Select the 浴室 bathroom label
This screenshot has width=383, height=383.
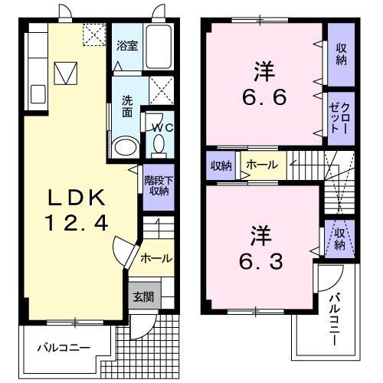tap(126, 45)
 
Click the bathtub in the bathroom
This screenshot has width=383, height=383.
tap(158, 48)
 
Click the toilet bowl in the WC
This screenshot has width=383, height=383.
tap(159, 145)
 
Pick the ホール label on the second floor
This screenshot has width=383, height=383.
tap(261, 164)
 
